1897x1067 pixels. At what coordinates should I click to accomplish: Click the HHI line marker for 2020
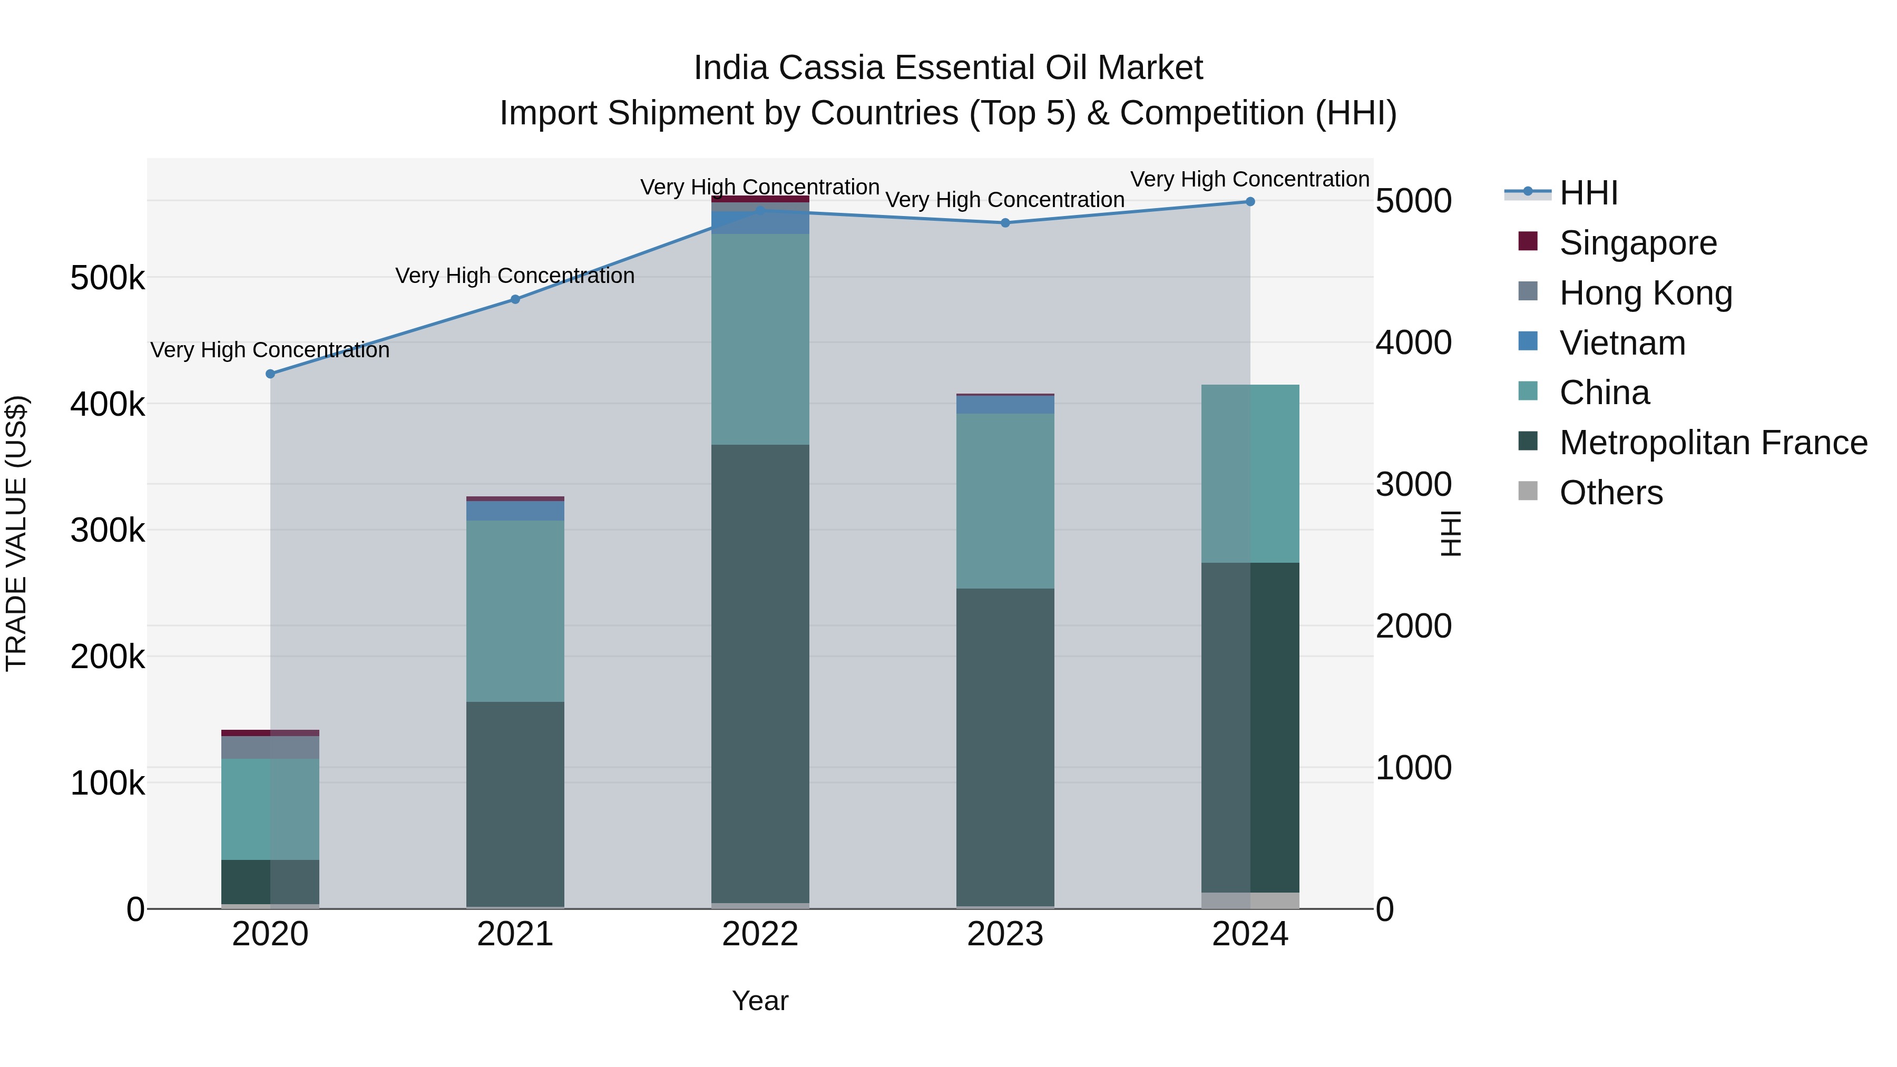pyautogui.click(x=270, y=374)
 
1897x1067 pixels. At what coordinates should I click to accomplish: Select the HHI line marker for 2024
pyautogui.click(x=1250, y=202)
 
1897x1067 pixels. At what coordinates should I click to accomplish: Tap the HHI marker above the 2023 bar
pyautogui.click(x=1005, y=223)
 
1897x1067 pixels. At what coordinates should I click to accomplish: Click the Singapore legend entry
pyautogui.click(x=1637, y=243)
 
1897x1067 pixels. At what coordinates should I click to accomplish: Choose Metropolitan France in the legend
pyautogui.click(x=1713, y=443)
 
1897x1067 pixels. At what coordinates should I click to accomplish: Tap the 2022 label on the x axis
pyautogui.click(x=760, y=934)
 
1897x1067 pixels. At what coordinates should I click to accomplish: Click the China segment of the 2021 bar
pyautogui.click(x=515, y=611)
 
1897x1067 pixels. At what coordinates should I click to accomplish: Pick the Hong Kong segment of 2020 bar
pyautogui.click(x=270, y=747)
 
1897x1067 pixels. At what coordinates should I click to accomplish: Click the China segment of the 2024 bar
pyautogui.click(x=1250, y=474)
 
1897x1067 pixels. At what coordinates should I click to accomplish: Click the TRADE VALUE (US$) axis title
pyautogui.click(x=16, y=533)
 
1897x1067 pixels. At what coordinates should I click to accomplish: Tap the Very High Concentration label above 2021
pyautogui.click(x=515, y=276)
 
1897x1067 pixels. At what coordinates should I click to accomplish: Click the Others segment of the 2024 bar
pyautogui.click(x=1250, y=900)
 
